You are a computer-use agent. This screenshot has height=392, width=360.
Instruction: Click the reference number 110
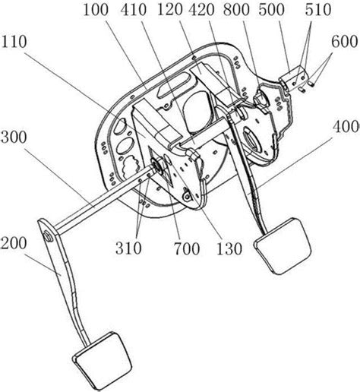(14, 42)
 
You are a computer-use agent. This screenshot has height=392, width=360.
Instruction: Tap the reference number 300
(14, 138)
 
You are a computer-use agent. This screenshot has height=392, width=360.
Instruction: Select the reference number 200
(14, 243)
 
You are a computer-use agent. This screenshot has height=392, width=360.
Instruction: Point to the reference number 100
(96, 10)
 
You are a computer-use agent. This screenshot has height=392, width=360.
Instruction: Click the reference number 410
(134, 10)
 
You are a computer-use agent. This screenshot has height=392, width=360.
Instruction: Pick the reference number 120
(170, 10)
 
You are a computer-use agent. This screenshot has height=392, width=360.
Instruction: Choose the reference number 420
(201, 10)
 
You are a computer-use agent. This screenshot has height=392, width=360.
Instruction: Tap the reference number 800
(236, 10)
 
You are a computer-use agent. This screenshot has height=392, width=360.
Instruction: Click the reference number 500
(272, 10)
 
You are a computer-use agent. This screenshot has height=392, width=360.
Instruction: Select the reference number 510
(318, 10)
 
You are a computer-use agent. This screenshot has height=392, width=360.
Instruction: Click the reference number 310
(128, 248)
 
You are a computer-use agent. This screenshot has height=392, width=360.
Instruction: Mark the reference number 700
(187, 248)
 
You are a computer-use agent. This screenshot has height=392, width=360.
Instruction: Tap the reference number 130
(229, 248)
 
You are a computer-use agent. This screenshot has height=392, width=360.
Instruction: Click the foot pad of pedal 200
(102, 360)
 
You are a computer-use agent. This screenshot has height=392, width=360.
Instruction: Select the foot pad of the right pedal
(283, 245)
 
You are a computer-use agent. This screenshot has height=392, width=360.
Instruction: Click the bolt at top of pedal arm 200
(48, 236)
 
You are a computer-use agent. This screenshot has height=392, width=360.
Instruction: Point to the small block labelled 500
(294, 77)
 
